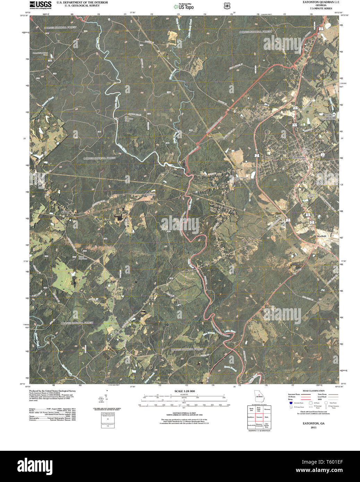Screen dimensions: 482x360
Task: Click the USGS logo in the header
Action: (41, 5)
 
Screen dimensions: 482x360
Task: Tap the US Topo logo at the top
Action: (183, 6)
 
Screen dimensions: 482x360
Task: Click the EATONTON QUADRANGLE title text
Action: (316, 2)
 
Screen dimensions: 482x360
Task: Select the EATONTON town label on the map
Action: (297, 158)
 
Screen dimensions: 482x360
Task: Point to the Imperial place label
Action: (264, 105)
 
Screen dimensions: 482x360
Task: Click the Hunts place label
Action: (260, 119)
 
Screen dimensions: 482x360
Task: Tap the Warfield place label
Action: (322, 236)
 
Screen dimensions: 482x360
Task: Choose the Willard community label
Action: (65, 212)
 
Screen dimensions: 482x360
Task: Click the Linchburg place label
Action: (151, 195)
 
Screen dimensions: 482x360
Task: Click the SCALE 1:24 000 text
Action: (184, 391)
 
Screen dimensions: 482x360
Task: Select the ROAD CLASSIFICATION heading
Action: (313, 391)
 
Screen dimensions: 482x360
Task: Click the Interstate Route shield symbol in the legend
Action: (291, 403)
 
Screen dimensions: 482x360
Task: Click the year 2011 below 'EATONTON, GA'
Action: (314, 427)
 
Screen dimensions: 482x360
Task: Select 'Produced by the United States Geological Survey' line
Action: (53, 391)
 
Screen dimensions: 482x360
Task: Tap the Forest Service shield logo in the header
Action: (227, 6)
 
